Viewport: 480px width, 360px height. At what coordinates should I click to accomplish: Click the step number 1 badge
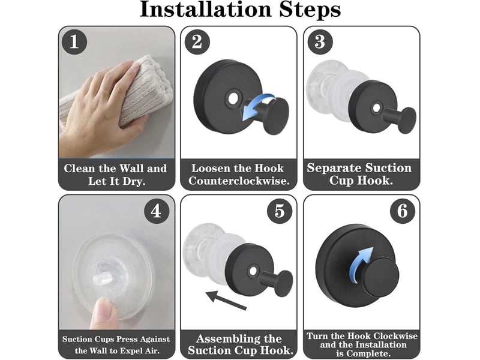(74, 41)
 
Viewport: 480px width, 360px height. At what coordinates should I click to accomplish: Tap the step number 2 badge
(197, 41)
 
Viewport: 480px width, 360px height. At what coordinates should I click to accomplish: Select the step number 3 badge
(320, 41)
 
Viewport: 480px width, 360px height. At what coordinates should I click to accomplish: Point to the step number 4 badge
(157, 211)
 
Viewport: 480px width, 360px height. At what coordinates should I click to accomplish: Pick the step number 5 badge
(280, 211)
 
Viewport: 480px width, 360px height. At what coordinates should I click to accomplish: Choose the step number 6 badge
(403, 211)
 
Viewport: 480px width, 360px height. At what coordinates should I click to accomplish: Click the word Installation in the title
(206, 9)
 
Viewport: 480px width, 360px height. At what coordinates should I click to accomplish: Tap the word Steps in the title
(310, 10)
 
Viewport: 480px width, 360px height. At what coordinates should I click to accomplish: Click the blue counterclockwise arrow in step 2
(257, 106)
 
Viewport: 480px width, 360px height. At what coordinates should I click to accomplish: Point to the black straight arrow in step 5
(226, 301)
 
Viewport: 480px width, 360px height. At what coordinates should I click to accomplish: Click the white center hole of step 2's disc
(233, 98)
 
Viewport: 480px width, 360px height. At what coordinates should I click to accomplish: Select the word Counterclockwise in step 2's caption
(239, 181)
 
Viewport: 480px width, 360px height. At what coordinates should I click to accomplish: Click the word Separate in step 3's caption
(334, 168)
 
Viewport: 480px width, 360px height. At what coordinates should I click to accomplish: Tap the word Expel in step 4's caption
(132, 350)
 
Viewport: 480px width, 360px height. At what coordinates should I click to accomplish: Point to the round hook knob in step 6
(382, 277)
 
